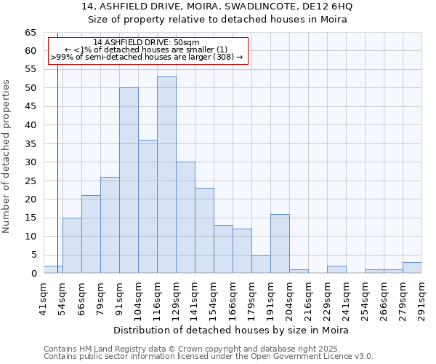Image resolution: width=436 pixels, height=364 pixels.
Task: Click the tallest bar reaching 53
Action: pyautogui.click(x=166, y=175)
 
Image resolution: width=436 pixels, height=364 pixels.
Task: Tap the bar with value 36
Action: pyautogui.click(x=148, y=207)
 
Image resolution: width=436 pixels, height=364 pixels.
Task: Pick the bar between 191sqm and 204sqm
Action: pyautogui.click(x=280, y=244)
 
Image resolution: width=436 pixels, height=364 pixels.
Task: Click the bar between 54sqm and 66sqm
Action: pyautogui.click(x=72, y=245)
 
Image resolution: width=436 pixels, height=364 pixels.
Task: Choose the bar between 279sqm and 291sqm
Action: pyautogui.click(x=412, y=268)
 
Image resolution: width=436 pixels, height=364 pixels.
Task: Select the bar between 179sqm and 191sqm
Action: pyautogui.click(x=261, y=264)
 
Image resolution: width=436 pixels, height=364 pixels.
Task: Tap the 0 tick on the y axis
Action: pyautogui.click(x=33, y=274)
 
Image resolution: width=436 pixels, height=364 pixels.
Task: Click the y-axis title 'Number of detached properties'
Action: pyautogui.click(x=7, y=157)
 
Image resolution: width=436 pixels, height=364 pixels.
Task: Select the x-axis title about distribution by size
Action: pyautogui.click(x=233, y=330)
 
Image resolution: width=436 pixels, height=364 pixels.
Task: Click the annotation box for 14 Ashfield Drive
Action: pyautogui.click(x=148, y=50)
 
